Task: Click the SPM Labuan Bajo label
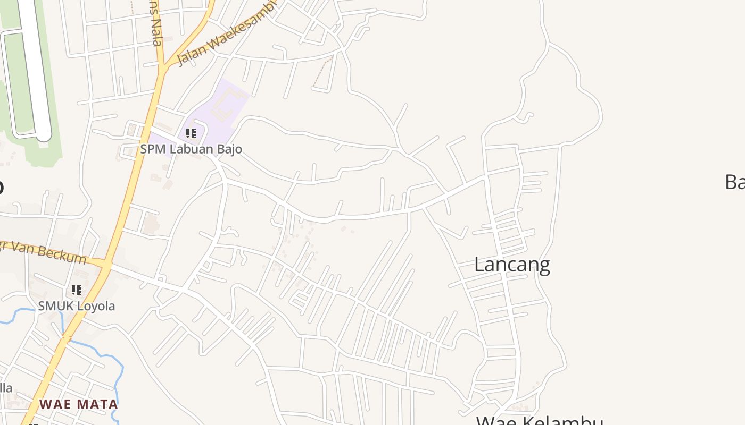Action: pyautogui.click(x=191, y=149)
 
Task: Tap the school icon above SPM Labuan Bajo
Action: pyautogui.click(x=191, y=133)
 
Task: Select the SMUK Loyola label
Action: pyautogui.click(x=76, y=306)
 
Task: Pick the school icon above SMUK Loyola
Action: pyautogui.click(x=77, y=290)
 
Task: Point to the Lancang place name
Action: pyautogui.click(x=512, y=264)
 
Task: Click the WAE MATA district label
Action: pyautogui.click(x=78, y=404)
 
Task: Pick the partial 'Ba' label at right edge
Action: pyautogui.click(x=734, y=182)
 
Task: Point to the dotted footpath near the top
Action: pyautogui.click(x=321, y=72)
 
